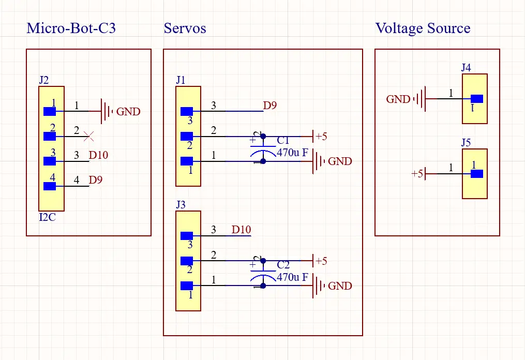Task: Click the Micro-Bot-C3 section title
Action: (x=71, y=28)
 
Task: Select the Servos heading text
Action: (x=185, y=28)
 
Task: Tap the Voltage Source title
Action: (x=423, y=28)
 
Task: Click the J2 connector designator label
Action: (x=44, y=80)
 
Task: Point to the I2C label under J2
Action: (x=47, y=217)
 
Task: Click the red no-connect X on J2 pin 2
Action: (x=89, y=137)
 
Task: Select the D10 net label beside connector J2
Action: (x=98, y=155)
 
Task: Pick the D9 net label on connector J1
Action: (x=270, y=106)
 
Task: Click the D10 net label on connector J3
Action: (x=241, y=230)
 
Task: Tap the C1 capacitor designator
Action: (x=283, y=141)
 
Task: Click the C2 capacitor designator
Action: (x=283, y=265)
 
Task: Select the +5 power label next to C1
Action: (x=321, y=137)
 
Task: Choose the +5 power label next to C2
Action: (x=321, y=261)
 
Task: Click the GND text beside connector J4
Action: (x=398, y=99)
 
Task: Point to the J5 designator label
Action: (x=466, y=143)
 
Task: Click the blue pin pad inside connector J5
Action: (x=476, y=174)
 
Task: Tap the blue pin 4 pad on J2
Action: (x=50, y=186)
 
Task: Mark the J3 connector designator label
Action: (x=181, y=205)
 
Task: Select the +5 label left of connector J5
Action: (x=417, y=174)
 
